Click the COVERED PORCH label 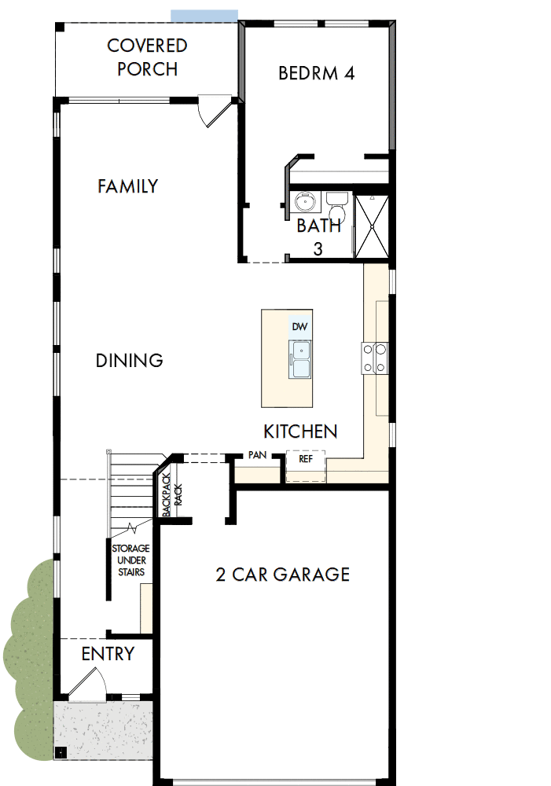coord(147,57)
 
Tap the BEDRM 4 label coord(317,73)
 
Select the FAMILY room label coord(127,186)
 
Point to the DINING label coord(129,361)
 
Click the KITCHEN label coord(300,432)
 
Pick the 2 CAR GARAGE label coord(282,575)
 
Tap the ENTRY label coord(108,654)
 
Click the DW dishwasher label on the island coord(299,326)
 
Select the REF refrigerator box coord(306,459)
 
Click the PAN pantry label coord(256,455)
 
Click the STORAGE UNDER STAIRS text coord(130,560)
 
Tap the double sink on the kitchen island coord(300,359)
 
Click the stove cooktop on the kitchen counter coord(373,358)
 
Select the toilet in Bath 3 coord(336,208)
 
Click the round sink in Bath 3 coord(305,203)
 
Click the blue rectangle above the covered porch coord(204,16)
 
